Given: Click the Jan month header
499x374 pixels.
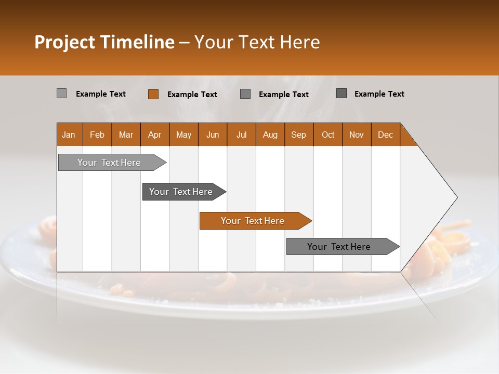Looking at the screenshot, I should coord(69,135).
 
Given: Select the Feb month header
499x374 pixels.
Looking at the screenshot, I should coord(97,135).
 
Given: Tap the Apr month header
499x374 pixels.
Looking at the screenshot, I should coord(154,135).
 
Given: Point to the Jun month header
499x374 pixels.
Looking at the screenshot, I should coord(213,135).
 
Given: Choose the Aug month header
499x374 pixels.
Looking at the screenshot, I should coord(270,135).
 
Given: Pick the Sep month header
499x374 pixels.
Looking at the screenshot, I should coord(298,135).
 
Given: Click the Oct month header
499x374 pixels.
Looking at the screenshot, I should coord(328,135).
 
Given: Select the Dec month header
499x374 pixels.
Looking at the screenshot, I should coord(385,135).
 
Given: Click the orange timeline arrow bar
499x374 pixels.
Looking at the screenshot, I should coord(255,221).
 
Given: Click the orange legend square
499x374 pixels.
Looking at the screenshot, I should coord(153,94).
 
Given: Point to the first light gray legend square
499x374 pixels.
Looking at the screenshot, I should coord(61,94).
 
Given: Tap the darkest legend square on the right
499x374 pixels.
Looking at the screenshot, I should coord(342,94).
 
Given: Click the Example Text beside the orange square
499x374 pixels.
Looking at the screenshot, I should coord(192,95).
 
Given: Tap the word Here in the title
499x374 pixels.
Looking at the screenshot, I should coord(299,42).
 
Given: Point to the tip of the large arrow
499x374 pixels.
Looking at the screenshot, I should coord(456,197).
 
